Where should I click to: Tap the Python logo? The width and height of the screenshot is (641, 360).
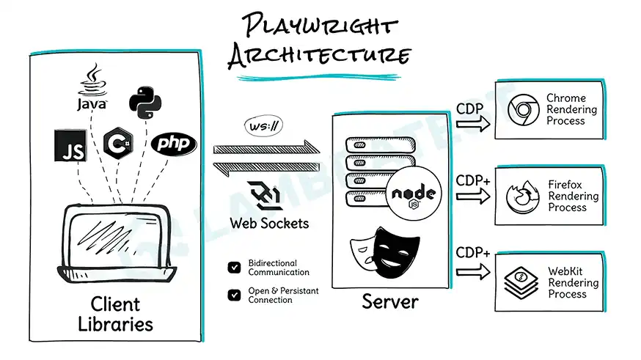click(x=144, y=101)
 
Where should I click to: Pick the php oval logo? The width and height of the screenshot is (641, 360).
click(x=174, y=143)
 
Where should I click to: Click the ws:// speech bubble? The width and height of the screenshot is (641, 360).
click(x=263, y=126)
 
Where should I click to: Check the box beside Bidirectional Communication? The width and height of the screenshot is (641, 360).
click(x=234, y=268)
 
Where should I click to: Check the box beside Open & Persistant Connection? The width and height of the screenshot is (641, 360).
click(x=234, y=295)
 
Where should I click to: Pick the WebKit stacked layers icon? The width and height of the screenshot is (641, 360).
click(x=522, y=282)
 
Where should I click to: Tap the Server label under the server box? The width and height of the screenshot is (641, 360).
click(x=389, y=301)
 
